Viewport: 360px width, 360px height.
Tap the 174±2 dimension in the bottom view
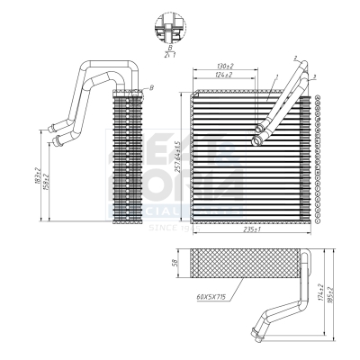[x=321, y=292]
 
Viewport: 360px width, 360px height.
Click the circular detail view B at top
[x=167, y=28]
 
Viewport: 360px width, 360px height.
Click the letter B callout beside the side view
[x=151, y=86]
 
